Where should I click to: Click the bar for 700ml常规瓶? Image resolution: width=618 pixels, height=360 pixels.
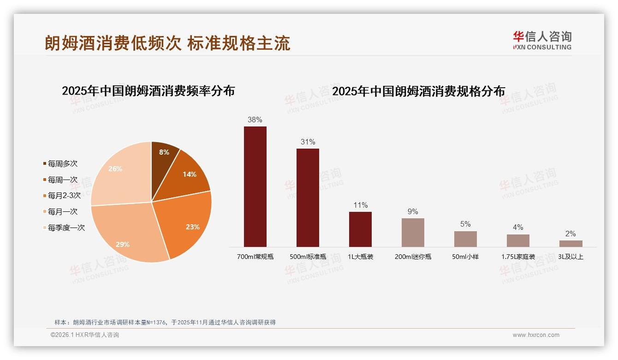point(255,186)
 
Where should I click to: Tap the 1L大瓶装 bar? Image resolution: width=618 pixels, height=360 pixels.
point(360,229)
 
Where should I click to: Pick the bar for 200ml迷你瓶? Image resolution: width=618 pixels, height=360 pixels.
point(413,232)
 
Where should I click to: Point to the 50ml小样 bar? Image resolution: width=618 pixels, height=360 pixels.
point(465,239)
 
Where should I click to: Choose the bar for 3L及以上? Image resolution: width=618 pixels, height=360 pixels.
point(570,243)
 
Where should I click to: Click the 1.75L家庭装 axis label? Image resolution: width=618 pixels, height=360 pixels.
point(518,257)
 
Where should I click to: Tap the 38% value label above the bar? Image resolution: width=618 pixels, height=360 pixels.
point(255,120)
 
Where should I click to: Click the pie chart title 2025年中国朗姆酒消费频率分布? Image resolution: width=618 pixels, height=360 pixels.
point(148,91)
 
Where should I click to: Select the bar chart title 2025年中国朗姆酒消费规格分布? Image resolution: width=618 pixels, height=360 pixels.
point(418,91)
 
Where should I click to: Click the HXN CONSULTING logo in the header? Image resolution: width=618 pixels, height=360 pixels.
point(542,41)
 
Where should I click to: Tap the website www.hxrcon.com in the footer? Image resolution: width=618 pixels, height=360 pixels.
point(536,335)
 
